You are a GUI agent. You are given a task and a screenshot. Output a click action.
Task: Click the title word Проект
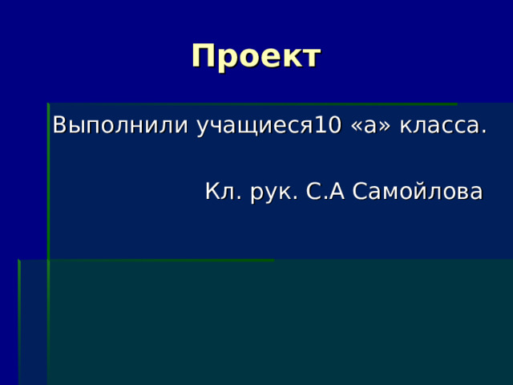[x=256, y=57]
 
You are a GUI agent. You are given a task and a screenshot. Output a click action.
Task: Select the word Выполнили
[x=120, y=125]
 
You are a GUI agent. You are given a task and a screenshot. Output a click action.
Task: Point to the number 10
[x=328, y=125]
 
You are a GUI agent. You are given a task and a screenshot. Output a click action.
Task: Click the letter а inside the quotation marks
[x=370, y=127]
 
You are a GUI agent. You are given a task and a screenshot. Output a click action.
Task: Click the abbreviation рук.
[x=274, y=192]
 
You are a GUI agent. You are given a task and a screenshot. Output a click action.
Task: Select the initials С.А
[x=325, y=191]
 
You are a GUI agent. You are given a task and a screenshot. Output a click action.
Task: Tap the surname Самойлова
[x=417, y=191]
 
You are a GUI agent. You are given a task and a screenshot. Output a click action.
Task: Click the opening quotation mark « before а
[x=356, y=127]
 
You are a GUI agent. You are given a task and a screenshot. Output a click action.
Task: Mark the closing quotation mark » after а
[x=385, y=127]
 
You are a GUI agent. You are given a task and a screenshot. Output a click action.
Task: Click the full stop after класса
[x=484, y=132]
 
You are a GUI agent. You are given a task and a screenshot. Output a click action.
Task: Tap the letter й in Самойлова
[x=419, y=191]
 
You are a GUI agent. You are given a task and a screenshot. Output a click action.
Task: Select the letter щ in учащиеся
[x=252, y=128]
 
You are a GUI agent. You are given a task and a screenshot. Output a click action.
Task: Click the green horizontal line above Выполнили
[x=252, y=103]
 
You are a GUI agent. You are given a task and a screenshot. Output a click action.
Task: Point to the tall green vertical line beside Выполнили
[x=48, y=244]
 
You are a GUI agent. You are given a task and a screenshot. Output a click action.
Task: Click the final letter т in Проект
[x=311, y=59]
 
